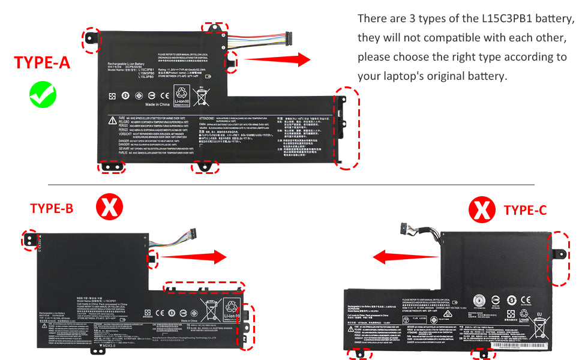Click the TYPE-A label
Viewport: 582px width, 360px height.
(x=42, y=63)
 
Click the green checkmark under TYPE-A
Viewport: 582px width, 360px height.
(x=43, y=94)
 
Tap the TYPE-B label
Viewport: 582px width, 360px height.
(x=52, y=208)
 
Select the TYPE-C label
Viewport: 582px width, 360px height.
(x=525, y=209)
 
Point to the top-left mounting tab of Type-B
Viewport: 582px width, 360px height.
(x=29, y=239)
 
